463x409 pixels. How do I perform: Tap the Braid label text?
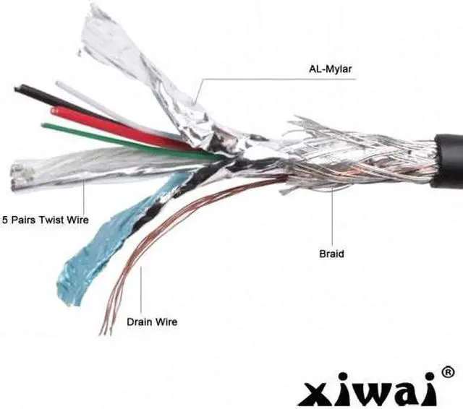click(x=331, y=254)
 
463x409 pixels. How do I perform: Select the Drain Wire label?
click(x=151, y=322)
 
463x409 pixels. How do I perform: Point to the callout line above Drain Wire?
click(x=140, y=289)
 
